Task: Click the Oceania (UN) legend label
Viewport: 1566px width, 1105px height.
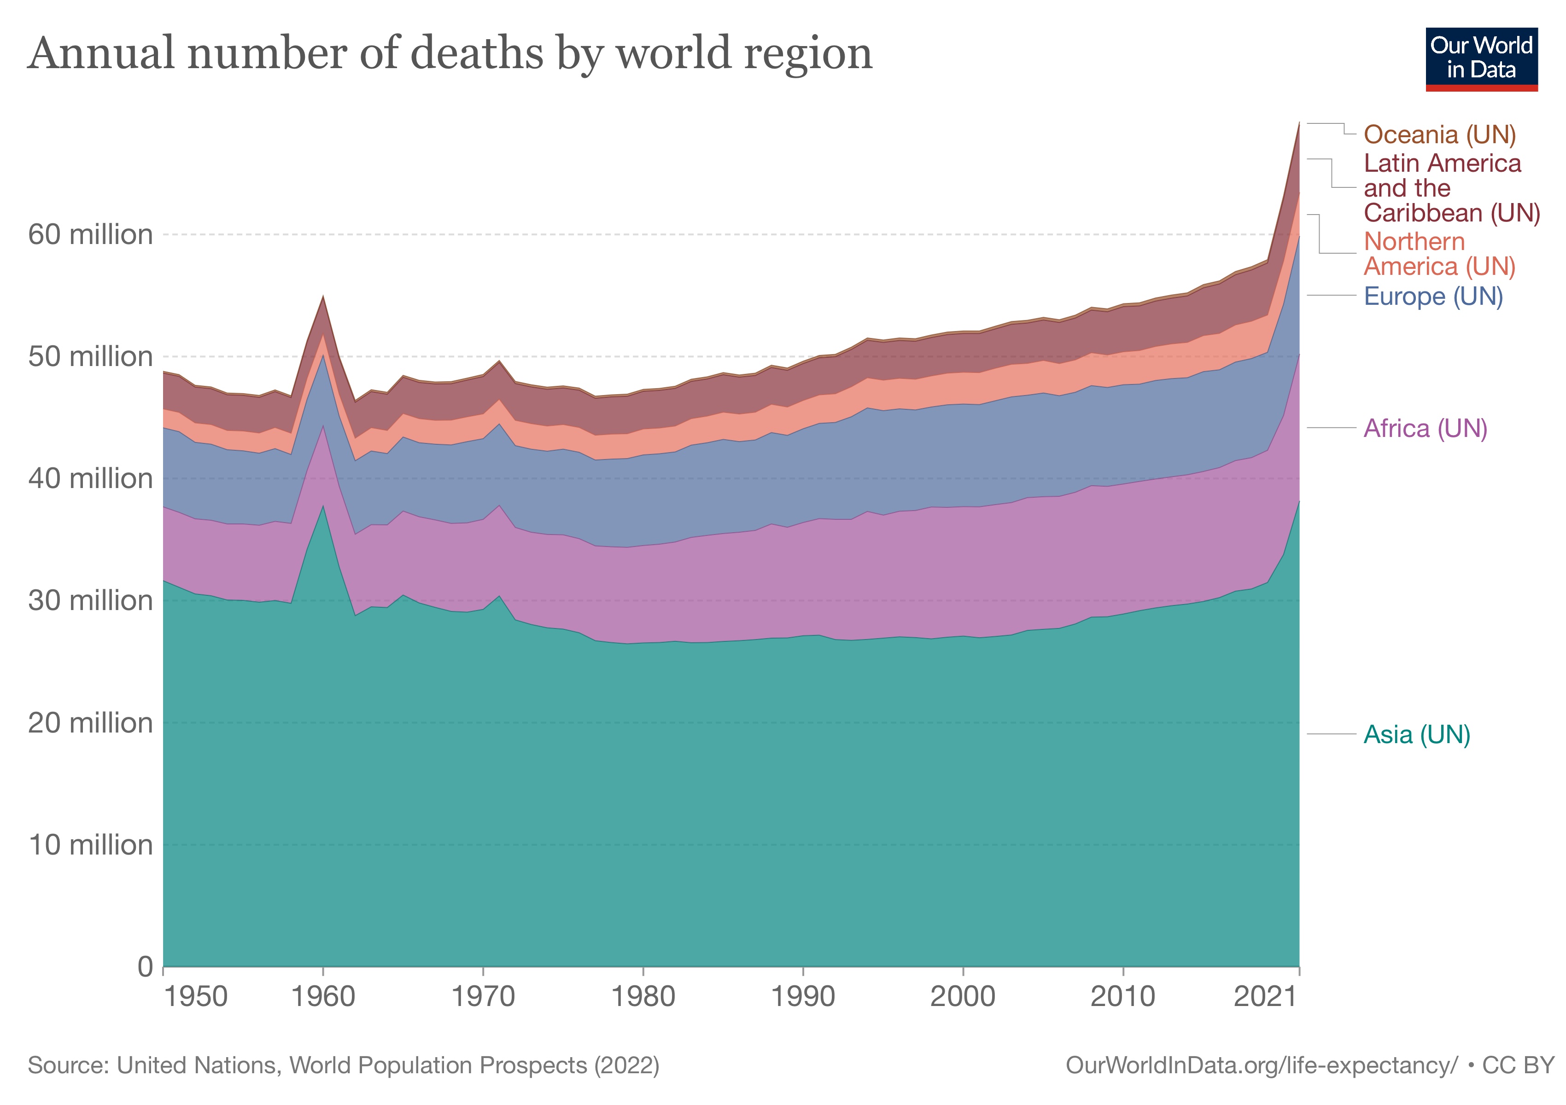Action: click(x=1439, y=134)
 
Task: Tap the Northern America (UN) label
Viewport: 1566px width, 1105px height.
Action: click(x=1439, y=254)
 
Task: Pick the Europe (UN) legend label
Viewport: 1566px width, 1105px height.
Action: click(x=1433, y=296)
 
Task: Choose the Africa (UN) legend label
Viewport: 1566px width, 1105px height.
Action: click(x=1425, y=428)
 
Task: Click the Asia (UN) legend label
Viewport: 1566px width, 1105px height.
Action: click(x=1417, y=734)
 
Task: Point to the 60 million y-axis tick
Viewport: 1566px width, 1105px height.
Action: click(x=90, y=234)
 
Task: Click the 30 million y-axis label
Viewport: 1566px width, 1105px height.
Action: click(x=90, y=600)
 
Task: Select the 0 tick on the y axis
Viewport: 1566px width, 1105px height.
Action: click(x=145, y=966)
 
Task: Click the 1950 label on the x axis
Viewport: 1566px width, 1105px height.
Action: click(x=196, y=997)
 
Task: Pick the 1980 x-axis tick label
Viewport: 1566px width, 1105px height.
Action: click(x=643, y=997)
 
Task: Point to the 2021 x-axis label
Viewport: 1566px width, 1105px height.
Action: click(x=1265, y=997)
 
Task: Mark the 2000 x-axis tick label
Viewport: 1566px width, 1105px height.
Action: click(x=962, y=997)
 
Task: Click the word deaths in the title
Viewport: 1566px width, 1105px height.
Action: click(x=478, y=53)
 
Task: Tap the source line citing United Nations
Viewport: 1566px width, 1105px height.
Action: click(x=343, y=1065)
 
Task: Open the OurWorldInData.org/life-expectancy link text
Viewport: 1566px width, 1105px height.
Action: click(x=1261, y=1065)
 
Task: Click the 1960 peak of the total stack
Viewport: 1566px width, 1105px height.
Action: click(x=323, y=297)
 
